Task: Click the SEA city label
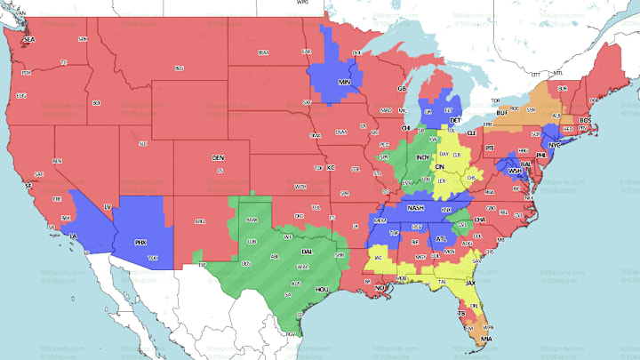click(x=28, y=41)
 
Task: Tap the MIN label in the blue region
click(x=345, y=83)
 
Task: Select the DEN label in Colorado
click(x=218, y=157)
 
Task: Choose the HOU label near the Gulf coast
click(x=324, y=290)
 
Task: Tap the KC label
click(x=331, y=167)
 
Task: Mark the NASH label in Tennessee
click(x=415, y=208)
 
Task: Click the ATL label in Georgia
click(x=442, y=238)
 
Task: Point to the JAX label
click(x=472, y=284)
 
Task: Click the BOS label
click(x=585, y=120)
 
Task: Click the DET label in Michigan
click(x=455, y=119)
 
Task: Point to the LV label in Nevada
click(x=108, y=207)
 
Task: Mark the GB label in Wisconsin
click(x=402, y=89)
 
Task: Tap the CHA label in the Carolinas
click(x=479, y=219)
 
